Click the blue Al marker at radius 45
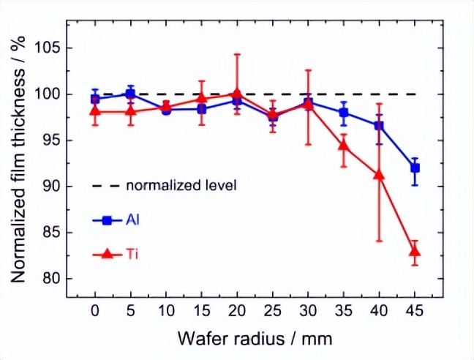(x=415, y=168)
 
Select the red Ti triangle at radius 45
(x=415, y=252)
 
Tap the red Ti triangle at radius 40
(x=379, y=175)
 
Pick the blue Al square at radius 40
(x=379, y=126)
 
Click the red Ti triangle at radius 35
(x=344, y=145)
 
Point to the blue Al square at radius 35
(x=344, y=113)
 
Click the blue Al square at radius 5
(x=131, y=94)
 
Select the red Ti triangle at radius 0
(x=95, y=111)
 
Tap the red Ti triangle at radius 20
(x=237, y=94)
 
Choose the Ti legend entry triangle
(x=107, y=254)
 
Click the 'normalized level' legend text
(x=181, y=185)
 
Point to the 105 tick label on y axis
(x=44, y=48)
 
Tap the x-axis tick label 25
(x=273, y=311)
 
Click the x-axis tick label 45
(x=415, y=311)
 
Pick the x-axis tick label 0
(x=95, y=311)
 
